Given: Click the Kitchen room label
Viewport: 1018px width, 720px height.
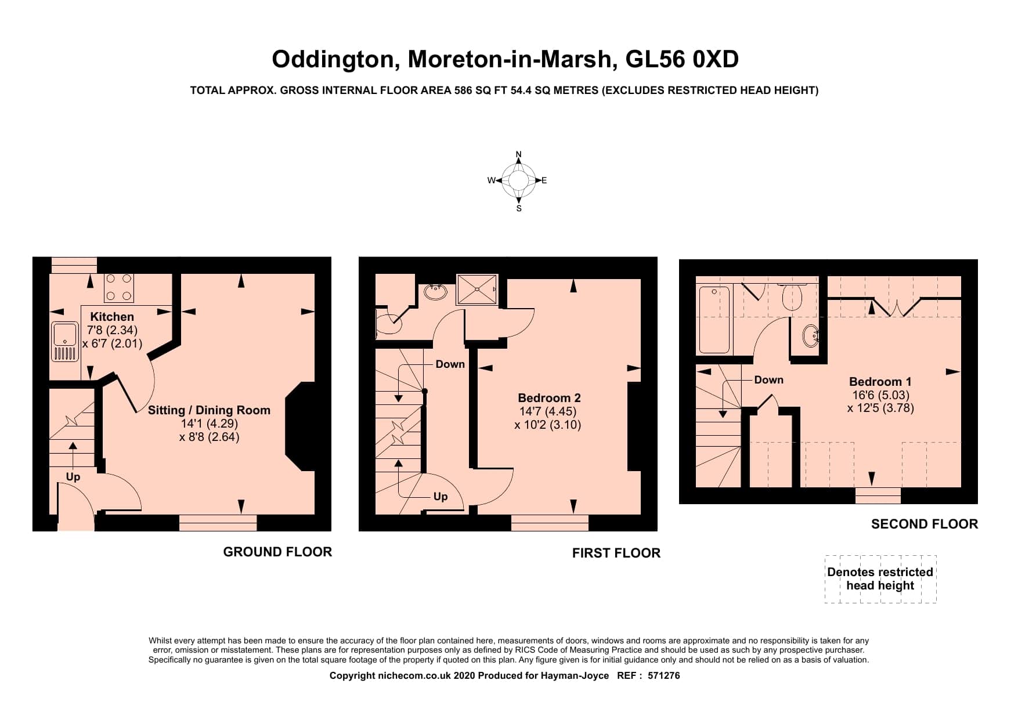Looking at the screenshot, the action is pos(112,317).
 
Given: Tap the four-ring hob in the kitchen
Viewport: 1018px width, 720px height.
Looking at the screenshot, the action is pos(119,288).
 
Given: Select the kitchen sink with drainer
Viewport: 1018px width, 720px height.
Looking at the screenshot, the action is pos(65,342).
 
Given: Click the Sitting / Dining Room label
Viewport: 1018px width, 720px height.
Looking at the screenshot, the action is pos(209,410).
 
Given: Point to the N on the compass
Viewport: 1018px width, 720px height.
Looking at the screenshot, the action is pos(519,154).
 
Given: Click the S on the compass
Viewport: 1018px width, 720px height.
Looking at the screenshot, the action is pos(519,208).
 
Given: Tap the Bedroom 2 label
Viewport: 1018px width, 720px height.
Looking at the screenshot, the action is pos(549,398).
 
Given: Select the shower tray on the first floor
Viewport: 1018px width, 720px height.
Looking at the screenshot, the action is pos(477,290).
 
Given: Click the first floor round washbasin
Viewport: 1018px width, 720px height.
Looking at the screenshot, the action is pos(434,292).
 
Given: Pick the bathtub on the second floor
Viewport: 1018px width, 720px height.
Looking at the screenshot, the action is pos(714,320).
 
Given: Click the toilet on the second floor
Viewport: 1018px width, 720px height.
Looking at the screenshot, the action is pos(792,296).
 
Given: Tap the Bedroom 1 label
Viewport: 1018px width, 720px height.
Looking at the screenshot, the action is pos(880,382).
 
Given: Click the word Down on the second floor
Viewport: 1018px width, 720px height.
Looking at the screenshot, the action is pos(768,380).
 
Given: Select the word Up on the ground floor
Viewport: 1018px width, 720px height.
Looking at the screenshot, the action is pos(73,477).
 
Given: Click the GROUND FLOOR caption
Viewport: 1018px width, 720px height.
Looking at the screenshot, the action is pos(277,552).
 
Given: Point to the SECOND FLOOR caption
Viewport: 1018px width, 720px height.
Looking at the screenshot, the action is pos(925,524).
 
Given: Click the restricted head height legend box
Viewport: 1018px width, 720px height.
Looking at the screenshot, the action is pos(880,579).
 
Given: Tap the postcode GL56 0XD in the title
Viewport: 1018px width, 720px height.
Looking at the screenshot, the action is pos(682,59).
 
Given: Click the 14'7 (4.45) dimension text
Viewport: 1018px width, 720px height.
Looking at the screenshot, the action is pos(548,411).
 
